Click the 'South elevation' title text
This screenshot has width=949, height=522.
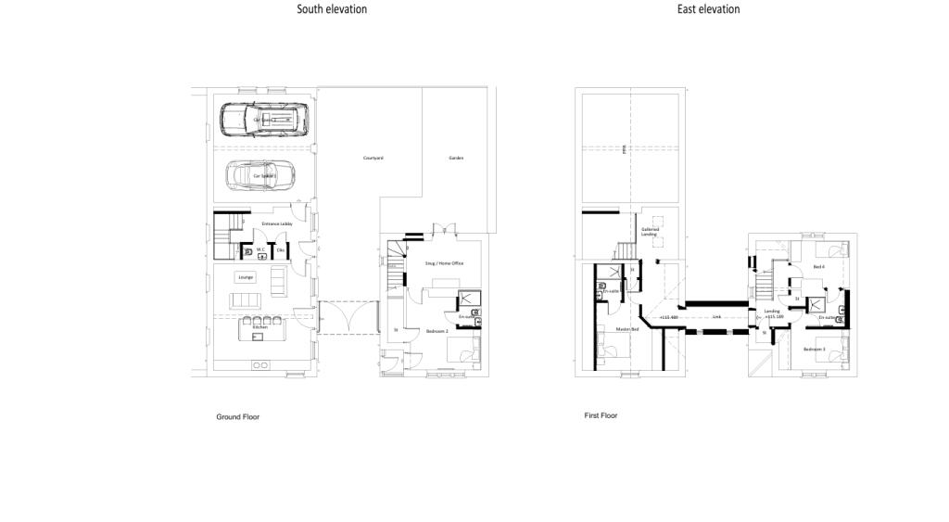click(x=332, y=9)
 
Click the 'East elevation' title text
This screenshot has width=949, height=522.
click(x=708, y=9)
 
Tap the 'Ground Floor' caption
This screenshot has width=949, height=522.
click(x=238, y=417)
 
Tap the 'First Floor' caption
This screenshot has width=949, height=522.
click(x=601, y=415)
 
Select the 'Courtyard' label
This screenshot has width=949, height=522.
click(x=373, y=159)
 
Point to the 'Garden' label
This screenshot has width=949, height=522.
click(x=456, y=159)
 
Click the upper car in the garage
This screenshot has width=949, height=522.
click(x=263, y=119)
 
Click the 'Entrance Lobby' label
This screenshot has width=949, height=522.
click(x=277, y=223)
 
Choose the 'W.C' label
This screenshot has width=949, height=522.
click(x=261, y=248)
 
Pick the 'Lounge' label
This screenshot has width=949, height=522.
click(x=246, y=277)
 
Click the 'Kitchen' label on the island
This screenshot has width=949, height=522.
click(x=260, y=327)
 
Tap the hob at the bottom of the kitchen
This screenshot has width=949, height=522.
click(x=260, y=365)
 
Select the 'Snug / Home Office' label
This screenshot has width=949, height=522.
click(x=444, y=263)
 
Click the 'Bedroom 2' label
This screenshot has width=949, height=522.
click(x=437, y=330)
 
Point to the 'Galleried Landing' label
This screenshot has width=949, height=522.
click(x=650, y=232)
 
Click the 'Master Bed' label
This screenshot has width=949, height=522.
click(x=627, y=329)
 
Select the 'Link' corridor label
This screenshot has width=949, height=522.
click(x=716, y=317)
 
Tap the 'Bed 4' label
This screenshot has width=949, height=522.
click(x=818, y=267)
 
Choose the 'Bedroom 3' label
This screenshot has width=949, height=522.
click(x=815, y=349)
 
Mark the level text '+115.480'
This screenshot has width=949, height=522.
click(x=669, y=317)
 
